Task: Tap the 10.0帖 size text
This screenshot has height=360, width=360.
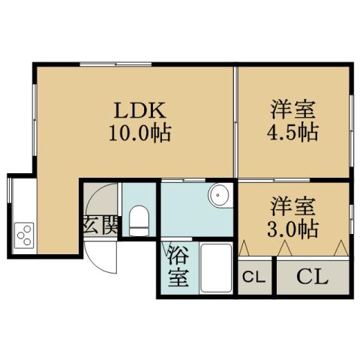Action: click(140, 135)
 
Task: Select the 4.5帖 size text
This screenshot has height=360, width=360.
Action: click(293, 133)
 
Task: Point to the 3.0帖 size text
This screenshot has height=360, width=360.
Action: click(293, 227)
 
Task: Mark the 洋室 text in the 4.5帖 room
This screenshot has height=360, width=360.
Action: click(293, 109)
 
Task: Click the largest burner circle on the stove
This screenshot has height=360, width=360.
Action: click(19, 229)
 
